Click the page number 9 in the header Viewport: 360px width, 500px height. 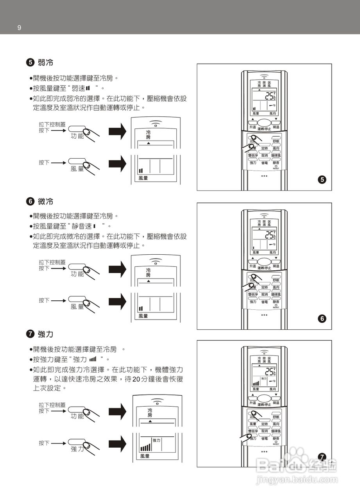pos(19,28)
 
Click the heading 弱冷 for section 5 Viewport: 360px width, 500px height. pos(45,62)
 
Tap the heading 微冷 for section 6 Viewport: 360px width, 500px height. pos(45,202)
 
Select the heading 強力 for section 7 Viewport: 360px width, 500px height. pos(45,334)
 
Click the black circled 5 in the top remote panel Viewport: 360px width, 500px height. pos(322,180)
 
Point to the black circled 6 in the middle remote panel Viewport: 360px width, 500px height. pos(322,319)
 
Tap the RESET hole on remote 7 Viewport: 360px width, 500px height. pos(276,441)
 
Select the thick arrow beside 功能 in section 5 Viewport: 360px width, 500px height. pos(117,132)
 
